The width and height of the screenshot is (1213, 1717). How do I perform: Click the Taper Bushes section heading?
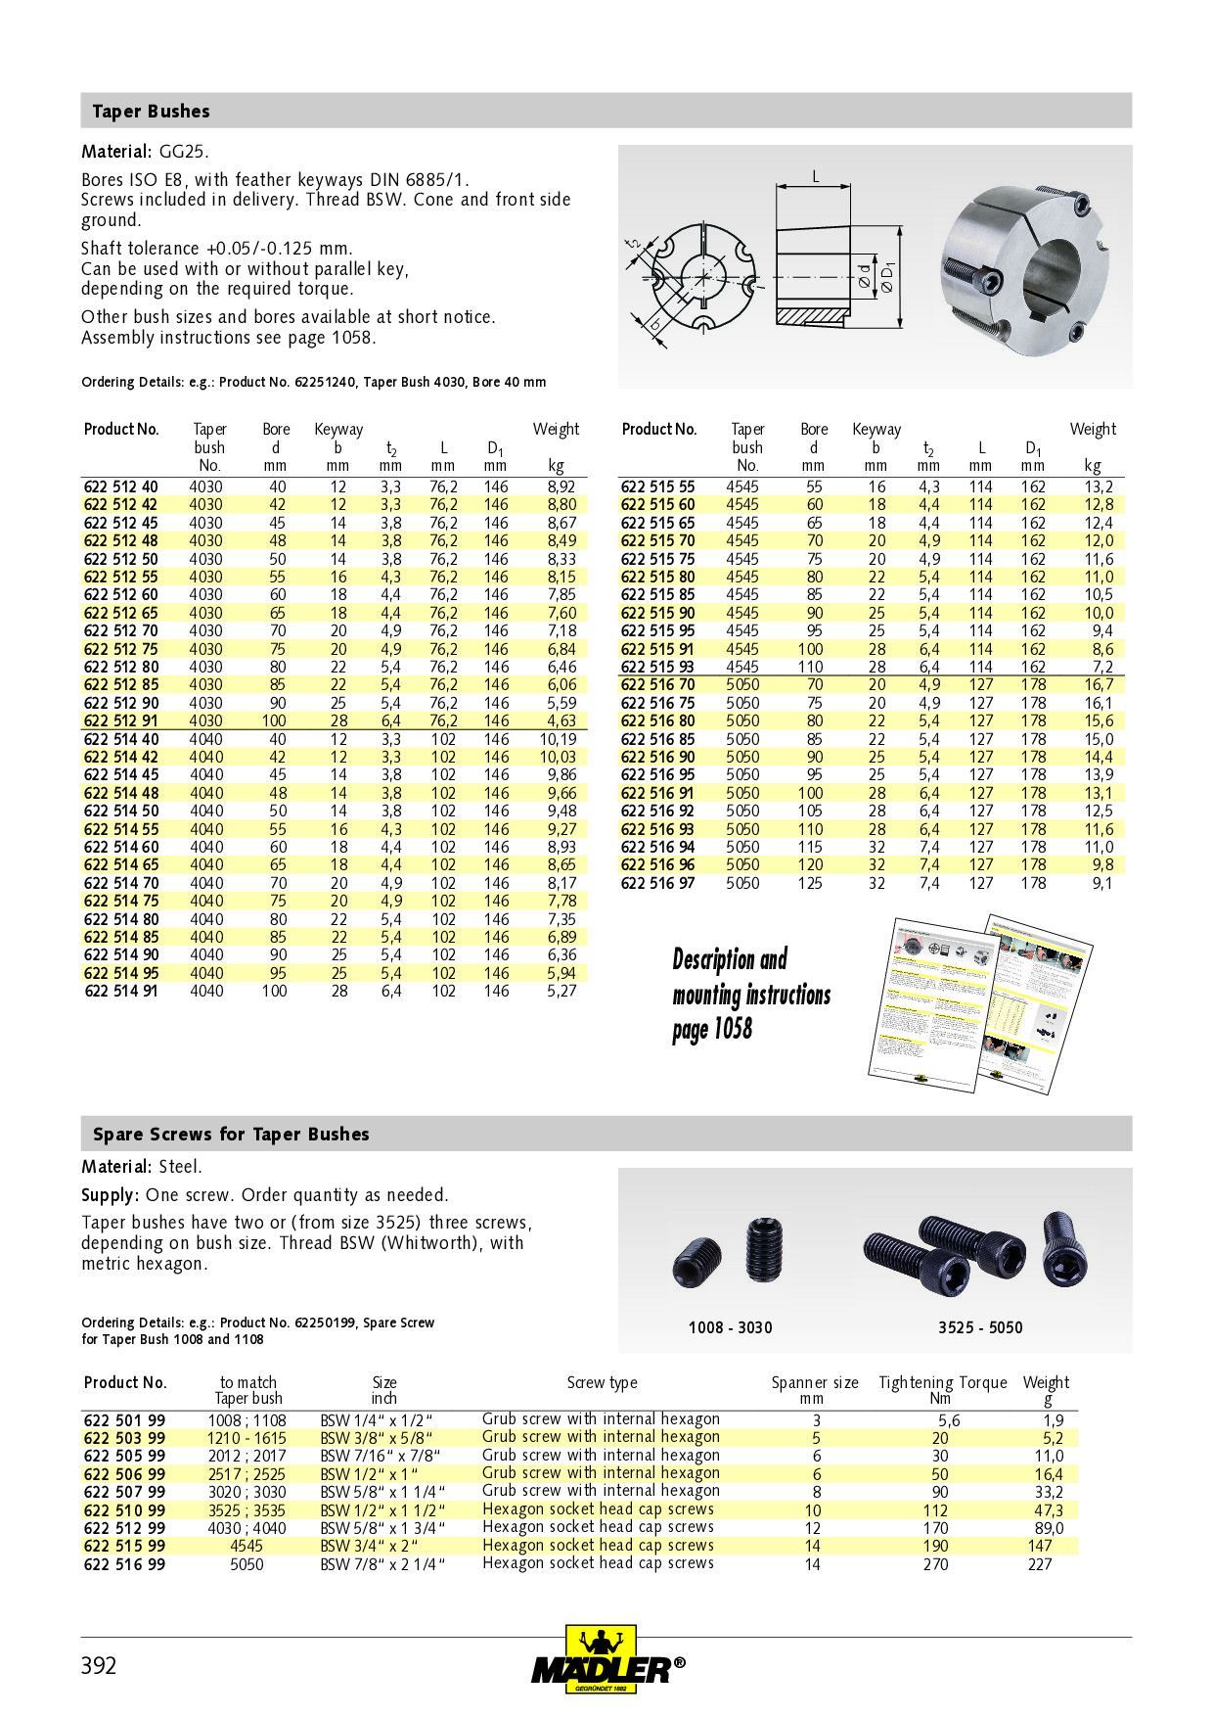pos(151,112)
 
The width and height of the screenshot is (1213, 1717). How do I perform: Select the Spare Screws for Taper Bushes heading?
pos(231,1135)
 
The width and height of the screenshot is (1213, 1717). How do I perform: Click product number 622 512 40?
pos(120,487)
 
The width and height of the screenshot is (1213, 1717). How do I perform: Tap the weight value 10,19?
pos(558,739)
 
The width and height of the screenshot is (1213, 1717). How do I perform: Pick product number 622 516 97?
pos(658,883)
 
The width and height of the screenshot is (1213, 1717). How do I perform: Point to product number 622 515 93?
pos(658,667)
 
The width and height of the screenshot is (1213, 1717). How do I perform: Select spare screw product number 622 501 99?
pos(124,1420)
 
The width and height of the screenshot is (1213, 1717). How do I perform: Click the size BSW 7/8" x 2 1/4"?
pos(382,1564)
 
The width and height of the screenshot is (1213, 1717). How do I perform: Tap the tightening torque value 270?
pos(935,1564)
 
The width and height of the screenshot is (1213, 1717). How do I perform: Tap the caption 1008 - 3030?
pos(730,1328)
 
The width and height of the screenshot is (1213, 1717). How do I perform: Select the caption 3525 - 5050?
pos(980,1328)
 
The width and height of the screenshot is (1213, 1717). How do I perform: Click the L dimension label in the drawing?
pos(816,177)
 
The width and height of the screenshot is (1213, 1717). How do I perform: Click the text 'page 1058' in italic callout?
pos(712,1030)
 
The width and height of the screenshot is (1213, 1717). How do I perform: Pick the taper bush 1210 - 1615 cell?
pos(247,1438)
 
